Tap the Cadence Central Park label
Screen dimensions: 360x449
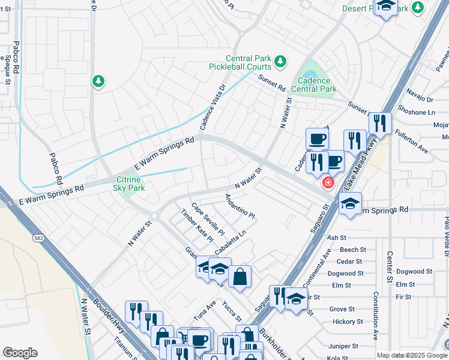tap(313, 85)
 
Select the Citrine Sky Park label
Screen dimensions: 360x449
tap(130, 184)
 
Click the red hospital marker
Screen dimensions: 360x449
tap(328, 182)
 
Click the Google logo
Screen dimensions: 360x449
tap(20, 353)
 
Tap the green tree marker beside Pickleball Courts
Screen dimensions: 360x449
tap(279, 61)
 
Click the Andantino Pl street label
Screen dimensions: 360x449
tap(240, 206)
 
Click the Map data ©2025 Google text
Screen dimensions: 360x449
tap(412, 355)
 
